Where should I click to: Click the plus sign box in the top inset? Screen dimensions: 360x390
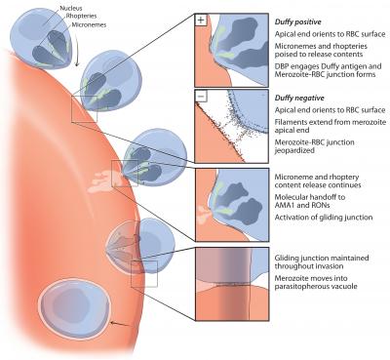[200, 19]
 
